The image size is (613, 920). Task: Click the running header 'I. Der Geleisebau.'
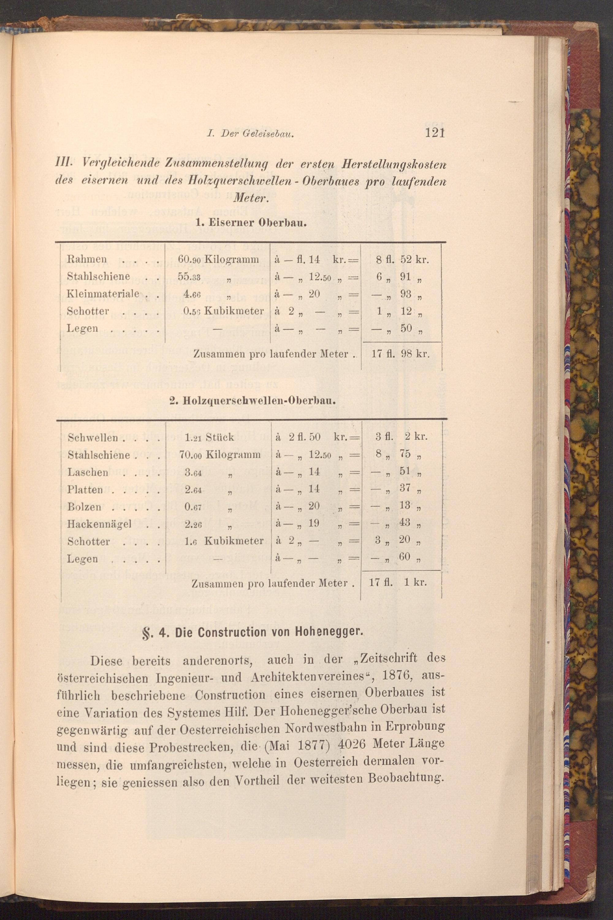pos(250,135)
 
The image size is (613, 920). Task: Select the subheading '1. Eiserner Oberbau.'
pos(251,224)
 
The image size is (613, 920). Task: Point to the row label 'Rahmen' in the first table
pos(87,259)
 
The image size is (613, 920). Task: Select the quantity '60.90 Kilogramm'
pos(218,259)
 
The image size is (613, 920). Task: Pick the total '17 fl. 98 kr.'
pos(400,355)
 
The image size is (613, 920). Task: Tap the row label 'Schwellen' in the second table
pos(93,437)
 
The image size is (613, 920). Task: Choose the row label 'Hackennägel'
pos(99,524)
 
